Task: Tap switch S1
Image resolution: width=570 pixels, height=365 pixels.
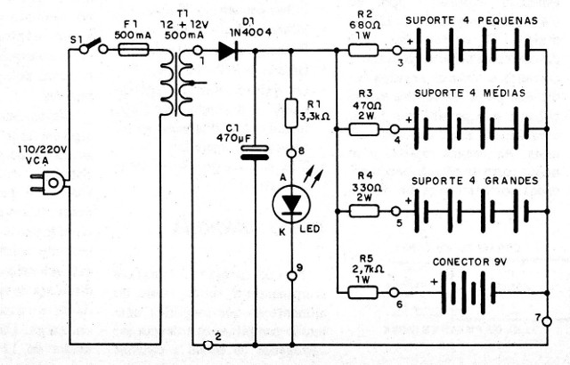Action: pos(89,50)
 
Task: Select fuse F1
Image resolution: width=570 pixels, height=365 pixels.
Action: pos(133,52)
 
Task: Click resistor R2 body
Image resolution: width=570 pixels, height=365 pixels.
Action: pos(365,52)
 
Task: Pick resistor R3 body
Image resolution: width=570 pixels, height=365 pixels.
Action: pos(365,129)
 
